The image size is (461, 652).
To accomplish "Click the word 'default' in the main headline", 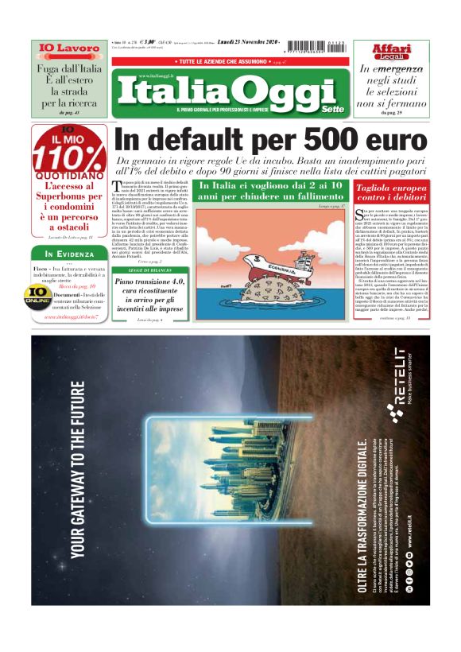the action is [228, 139].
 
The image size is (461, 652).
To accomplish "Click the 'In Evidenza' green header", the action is [68, 254].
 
